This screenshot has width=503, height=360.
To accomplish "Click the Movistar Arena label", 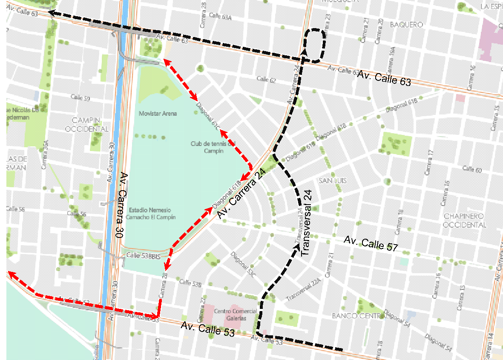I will tap(158, 114).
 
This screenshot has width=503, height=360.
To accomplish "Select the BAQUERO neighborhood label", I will tap(406, 25).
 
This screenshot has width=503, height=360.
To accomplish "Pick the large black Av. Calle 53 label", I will tap(207, 329).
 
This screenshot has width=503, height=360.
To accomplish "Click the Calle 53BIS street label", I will tap(144, 256).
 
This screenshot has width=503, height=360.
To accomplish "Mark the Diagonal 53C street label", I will tap(243, 266).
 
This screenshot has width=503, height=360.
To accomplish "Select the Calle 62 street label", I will tap(267, 80).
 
